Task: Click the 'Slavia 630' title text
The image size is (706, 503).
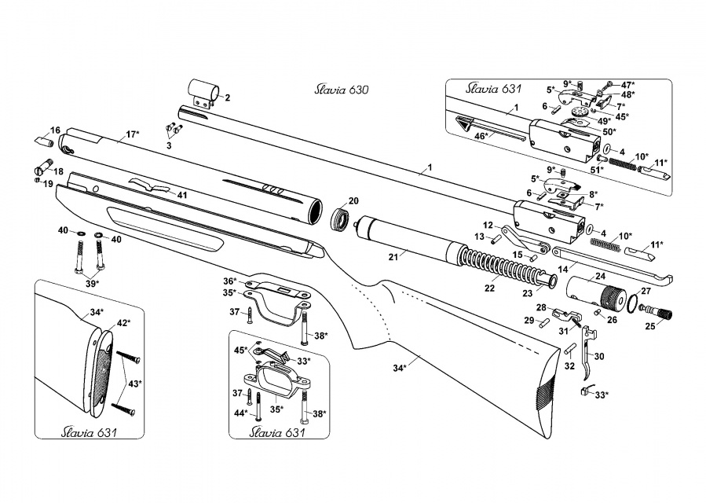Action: pos(335,90)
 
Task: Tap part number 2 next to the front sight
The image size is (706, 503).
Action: pos(227,98)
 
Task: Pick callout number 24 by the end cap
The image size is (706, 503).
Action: pos(600,276)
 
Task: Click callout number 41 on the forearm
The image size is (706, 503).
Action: pos(182,193)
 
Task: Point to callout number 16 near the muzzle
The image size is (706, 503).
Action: pos(55,130)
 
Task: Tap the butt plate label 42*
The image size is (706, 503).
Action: pos(123,323)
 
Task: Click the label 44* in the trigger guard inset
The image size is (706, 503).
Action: pos(241,413)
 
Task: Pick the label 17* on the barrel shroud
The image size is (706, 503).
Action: pos(131,135)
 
